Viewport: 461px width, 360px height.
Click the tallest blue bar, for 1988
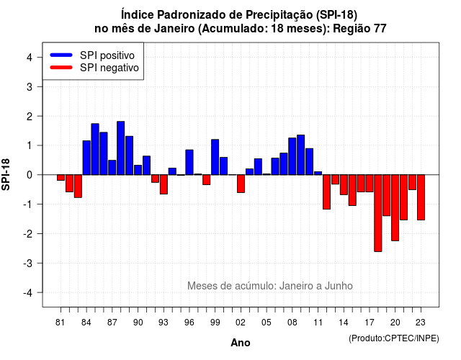click(120, 148)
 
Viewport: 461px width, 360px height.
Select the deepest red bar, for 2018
click(377, 213)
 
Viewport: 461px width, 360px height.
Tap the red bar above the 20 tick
click(395, 208)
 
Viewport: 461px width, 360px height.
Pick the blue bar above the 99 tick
click(215, 157)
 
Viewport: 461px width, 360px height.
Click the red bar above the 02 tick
click(241, 184)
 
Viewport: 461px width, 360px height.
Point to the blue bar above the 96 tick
click(189, 162)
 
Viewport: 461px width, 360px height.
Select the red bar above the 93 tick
click(164, 184)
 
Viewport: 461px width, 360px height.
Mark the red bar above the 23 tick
click(421, 197)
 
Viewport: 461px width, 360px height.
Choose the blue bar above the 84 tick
click(86, 158)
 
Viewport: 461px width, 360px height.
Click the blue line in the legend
click(61, 55)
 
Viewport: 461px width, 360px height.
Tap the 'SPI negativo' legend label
click(109, 68)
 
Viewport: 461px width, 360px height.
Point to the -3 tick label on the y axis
click(29, 264)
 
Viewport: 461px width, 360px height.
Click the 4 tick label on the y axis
click(30, 58)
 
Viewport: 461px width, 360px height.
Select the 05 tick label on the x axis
click(267, 323)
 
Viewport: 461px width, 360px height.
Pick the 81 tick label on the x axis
click(60, 323)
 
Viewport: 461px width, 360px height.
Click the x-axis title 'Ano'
click(241, 343)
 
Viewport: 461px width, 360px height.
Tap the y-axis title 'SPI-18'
click(6, 174)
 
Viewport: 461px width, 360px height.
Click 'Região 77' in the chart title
click(359, 29)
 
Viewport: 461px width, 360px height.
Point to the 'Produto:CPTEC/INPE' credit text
click(394, 338)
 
